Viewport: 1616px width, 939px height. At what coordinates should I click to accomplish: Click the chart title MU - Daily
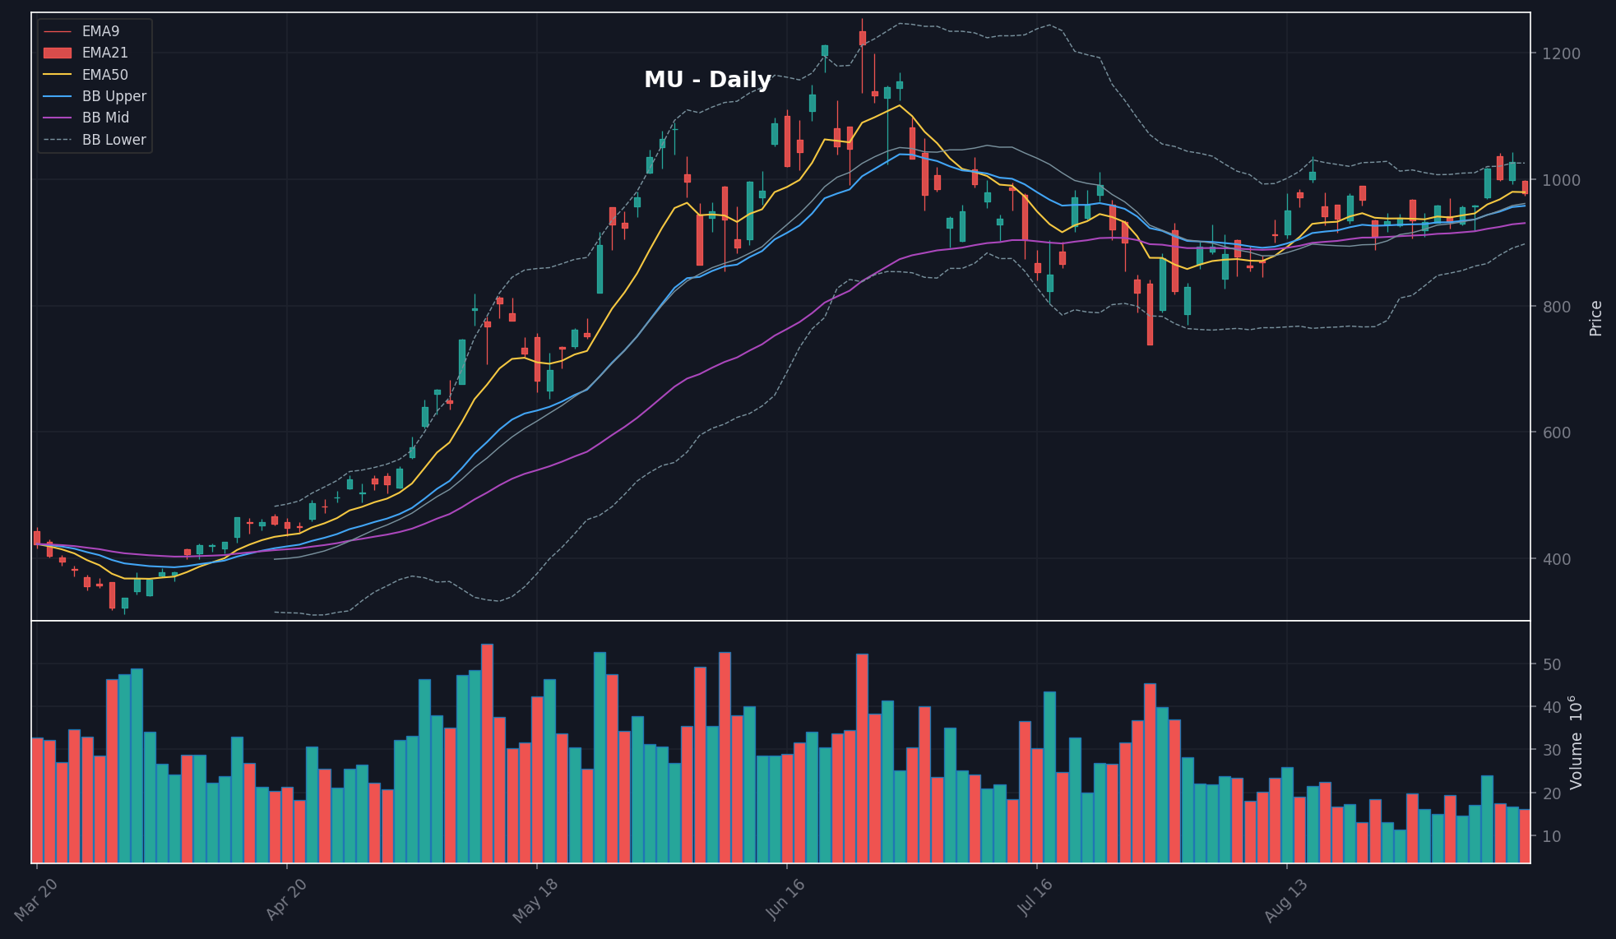[x=707, y=80]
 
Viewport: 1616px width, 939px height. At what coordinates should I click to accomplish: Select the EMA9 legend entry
[x=81, y=31]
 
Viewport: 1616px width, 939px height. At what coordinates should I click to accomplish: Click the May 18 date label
[x=535, y=900]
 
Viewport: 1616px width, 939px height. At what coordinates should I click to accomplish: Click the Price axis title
[x=1596, y=318]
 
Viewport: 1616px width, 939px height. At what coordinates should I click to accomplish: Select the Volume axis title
[x=1576, y=742]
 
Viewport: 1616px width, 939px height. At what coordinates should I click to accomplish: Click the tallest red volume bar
[x=487, y=753]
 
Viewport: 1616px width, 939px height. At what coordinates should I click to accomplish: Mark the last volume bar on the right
[x=1525, y=836]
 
